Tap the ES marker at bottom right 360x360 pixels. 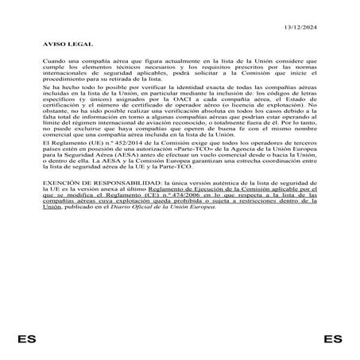(x=334, y=339)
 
